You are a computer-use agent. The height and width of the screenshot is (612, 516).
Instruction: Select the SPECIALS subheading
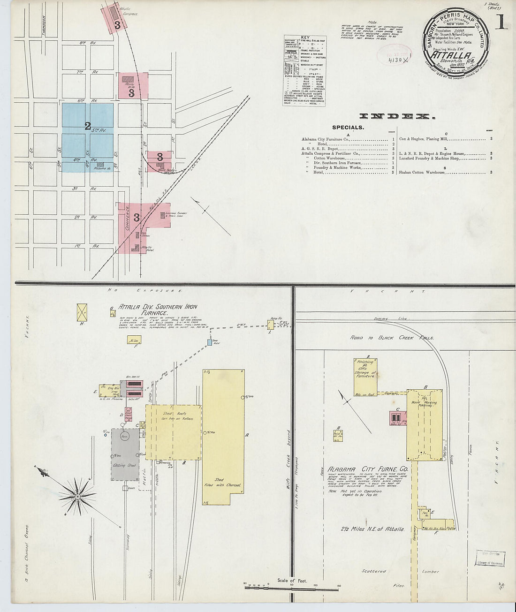pyautogui.click(x=348, y=127)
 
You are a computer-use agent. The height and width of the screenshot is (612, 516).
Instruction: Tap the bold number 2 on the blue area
pyautogui.click(x=87, y=126)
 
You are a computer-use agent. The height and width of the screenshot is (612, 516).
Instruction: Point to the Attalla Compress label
pyautogui.click(x=129, y=12)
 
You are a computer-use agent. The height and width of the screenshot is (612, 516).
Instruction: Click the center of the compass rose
pyautogui.click(x=76, y=496)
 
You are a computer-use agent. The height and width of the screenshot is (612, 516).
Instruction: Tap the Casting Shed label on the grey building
pyautogui.click(x=125, y=465)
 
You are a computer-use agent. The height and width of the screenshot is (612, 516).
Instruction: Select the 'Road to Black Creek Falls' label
pyautogui.click(x=392, y=338)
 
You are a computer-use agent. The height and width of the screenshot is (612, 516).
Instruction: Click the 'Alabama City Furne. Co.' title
pyautogui.click(x=368, y=469)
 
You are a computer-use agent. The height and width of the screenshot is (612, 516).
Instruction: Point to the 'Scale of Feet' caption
pyautogui.click(x=292, y=581)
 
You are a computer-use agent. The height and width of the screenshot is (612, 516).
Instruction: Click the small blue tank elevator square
pyautogui.click(x=210, y=343)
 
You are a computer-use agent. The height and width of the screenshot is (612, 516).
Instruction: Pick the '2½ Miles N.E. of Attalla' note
pyautogui.click(x=372, y=529)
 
